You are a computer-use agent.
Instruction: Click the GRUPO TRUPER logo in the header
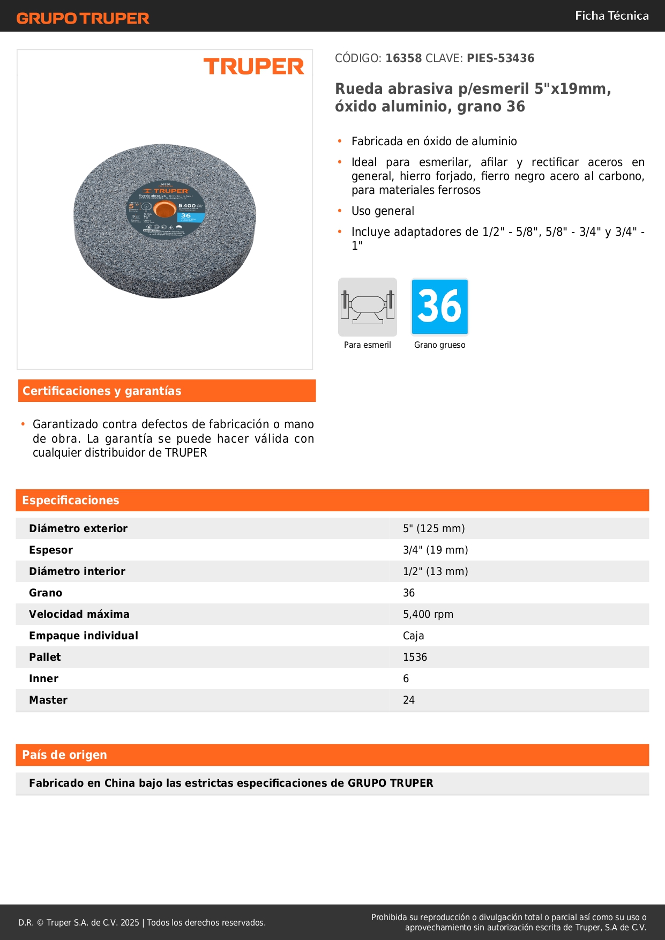coord(83,18)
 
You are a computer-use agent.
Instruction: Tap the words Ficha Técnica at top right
coord(611,16)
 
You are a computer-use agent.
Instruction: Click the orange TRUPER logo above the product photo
coord(253,66)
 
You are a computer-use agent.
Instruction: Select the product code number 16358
coord(404,58)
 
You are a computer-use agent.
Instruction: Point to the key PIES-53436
coord(500,58)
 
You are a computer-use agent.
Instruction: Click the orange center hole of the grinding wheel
coord(165,210)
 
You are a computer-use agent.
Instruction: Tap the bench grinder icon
coord(368,307)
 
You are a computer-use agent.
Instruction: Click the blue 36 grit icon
coord(439,307)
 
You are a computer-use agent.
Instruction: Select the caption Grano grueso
coord(439,345)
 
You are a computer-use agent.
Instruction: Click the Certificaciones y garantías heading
coord(102,391)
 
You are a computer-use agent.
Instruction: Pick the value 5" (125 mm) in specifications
coord(434,528)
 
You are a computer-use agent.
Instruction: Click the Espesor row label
coord(51,550)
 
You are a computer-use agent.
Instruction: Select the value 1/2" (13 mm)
coord(435,571)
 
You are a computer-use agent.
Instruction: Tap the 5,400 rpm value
coord(428,614)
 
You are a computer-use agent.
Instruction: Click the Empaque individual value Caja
coord(413,636)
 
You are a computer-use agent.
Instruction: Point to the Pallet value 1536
coord(415,657)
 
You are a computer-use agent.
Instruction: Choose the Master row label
coord(48,700)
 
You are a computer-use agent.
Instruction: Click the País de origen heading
coord(64,755)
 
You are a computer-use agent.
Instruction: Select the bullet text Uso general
coord(383,211)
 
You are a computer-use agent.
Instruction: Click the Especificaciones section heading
coord(71,501)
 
